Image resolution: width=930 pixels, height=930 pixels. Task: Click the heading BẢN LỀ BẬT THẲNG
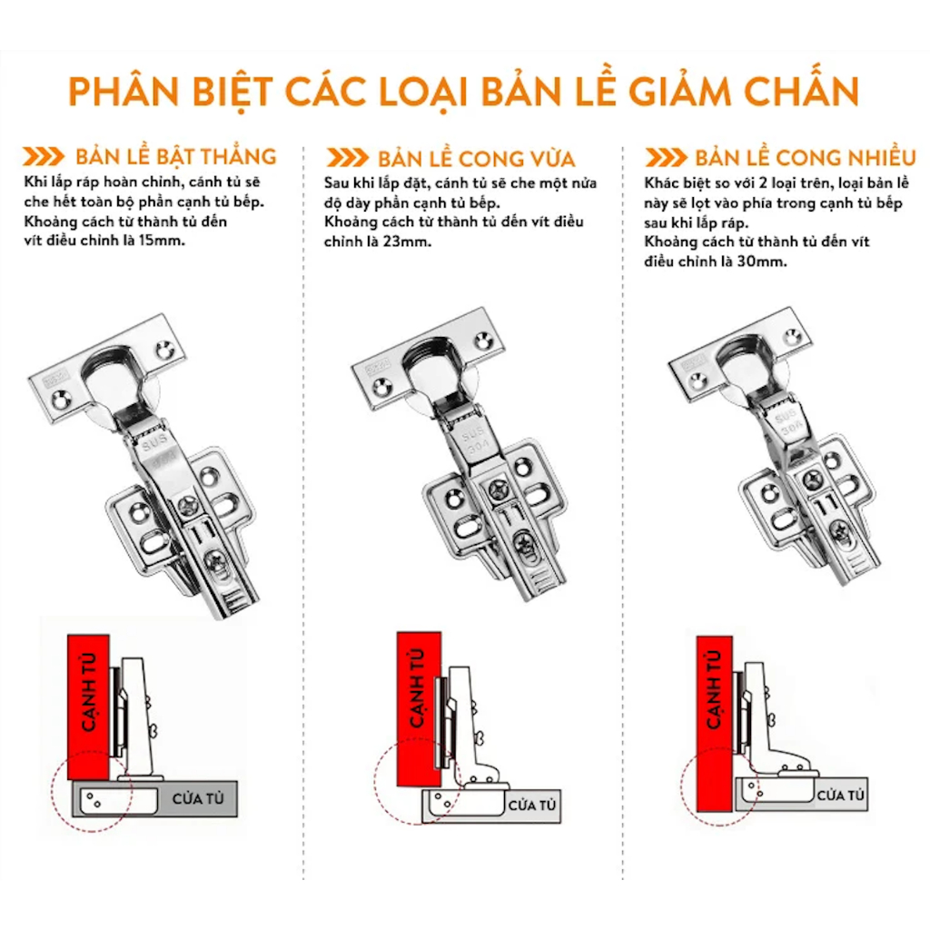coord(175,155)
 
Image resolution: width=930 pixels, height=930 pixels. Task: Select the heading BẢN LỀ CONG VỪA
coord(476,158)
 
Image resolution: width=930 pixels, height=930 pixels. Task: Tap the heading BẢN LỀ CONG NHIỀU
coord(806,156)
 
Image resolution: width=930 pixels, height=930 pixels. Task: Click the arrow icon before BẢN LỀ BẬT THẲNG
coord(44,156)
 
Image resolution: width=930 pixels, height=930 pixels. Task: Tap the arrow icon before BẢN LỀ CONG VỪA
coord(347,158)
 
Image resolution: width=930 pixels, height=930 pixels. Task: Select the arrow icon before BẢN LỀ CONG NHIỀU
coord(666,157)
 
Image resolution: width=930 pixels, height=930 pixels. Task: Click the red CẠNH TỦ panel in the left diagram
coord(88,707)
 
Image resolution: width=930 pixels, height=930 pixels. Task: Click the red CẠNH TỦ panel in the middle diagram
coord(419,708)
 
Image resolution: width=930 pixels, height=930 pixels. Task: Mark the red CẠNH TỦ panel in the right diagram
coord(715,724)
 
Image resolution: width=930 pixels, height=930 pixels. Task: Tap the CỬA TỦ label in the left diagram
coord(198,799)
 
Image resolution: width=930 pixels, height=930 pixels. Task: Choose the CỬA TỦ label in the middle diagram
coord(532,806)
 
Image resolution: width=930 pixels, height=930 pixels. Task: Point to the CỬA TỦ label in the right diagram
coord(840,796)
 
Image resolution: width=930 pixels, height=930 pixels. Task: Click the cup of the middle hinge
coord(432,364)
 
